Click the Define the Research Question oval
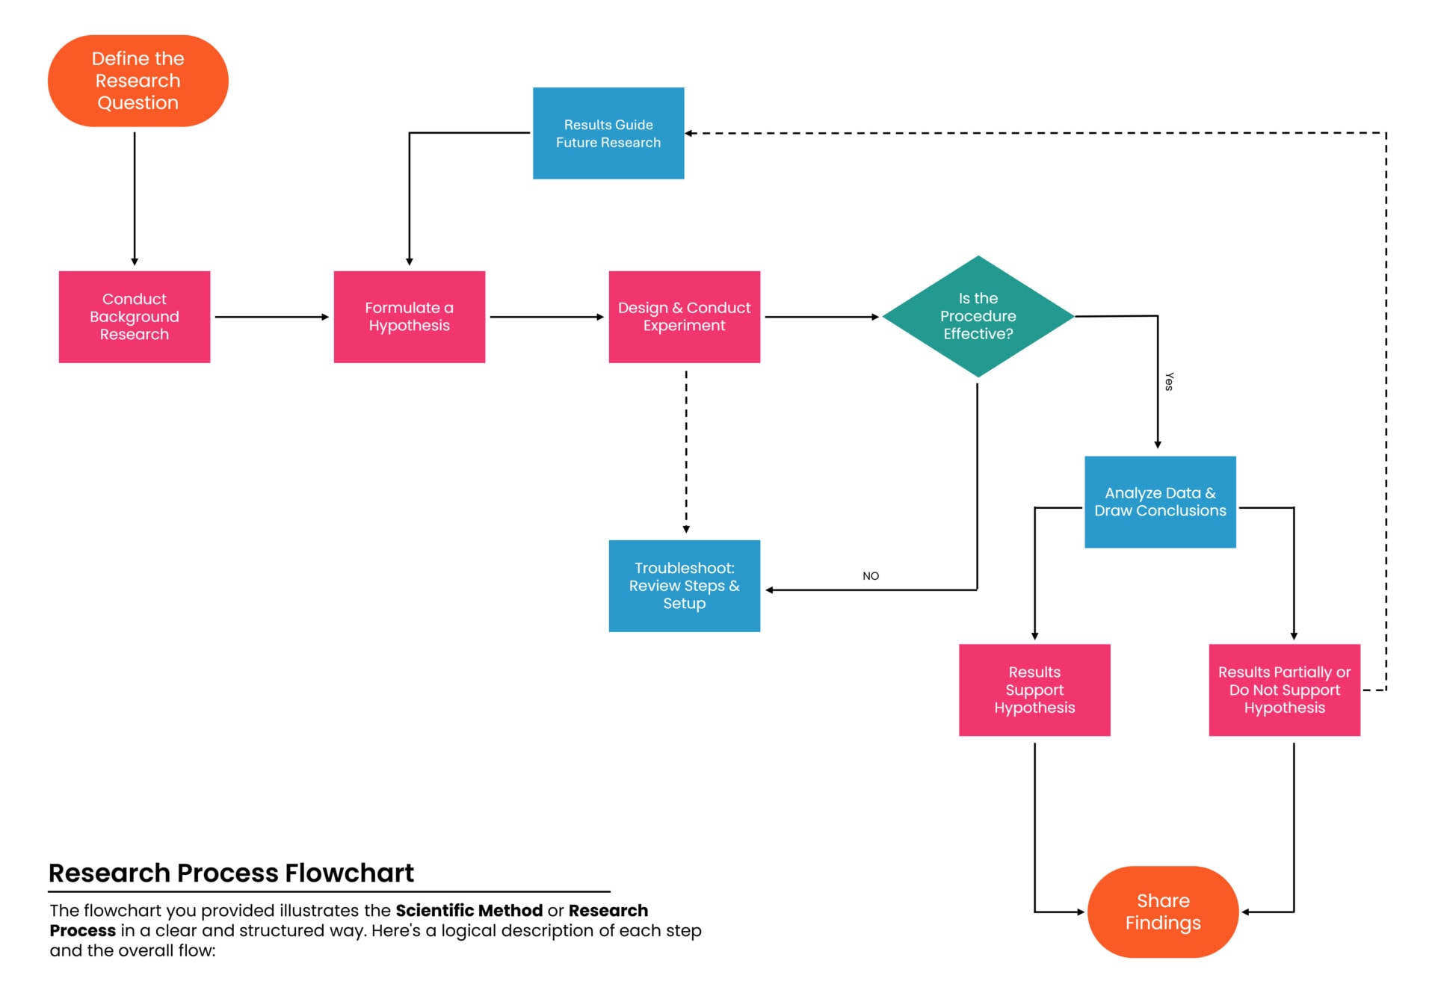[x=138, y=81]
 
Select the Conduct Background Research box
[x=135, y=317]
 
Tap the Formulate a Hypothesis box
[x=409, y=317]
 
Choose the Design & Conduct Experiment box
[x=684, y=317]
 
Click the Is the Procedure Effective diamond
[x=978, y=317]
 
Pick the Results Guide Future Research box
[x=608, y=134]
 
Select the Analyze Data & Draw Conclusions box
[x=1160, y=502]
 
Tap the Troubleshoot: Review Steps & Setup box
[x=684, y=586]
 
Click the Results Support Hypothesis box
[x=1034, y=690]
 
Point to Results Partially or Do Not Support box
[x=1284, y=690]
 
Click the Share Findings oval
[x=1163, y=912]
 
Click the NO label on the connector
[x=871, y=576]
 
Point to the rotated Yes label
[x=1169, y=382]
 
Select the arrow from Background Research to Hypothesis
[x=271, y=317]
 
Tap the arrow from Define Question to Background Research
[x=135, y=198]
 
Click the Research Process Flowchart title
[x=231, y=873]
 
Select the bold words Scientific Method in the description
[x=469, y=910]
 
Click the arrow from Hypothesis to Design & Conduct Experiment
[x=546, y=317]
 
